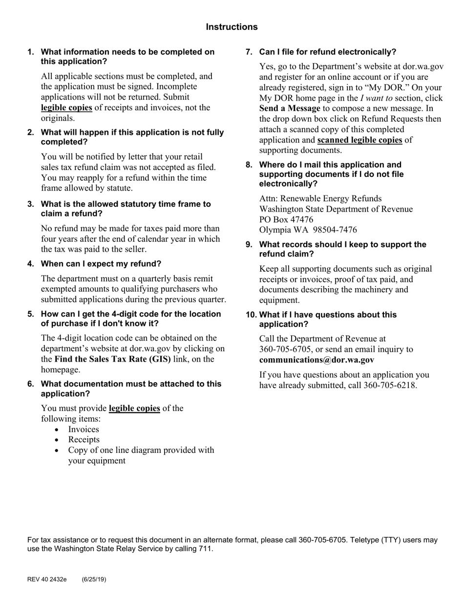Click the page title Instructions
coord(232,27)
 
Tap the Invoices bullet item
coord(84,429)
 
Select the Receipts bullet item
coord(84,440)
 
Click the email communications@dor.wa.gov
coord(316,360)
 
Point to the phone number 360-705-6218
coord(390,386)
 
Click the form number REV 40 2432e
coord(47,580)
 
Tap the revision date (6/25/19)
coord(94,580)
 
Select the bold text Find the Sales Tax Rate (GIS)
coord(113,359)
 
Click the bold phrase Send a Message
coord(290,108)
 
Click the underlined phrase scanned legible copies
coord(359,140)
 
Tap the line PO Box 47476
coord(286,219)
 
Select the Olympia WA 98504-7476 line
coord(308,230)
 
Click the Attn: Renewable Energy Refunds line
coord(320,198)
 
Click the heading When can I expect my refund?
coord(101,264)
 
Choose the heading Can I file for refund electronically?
coord(327,52)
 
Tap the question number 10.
coord(251,315)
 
